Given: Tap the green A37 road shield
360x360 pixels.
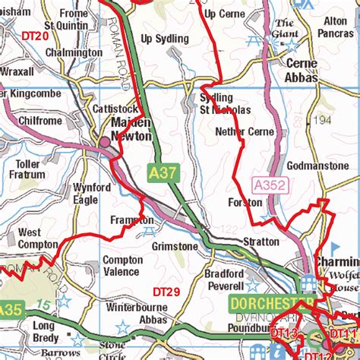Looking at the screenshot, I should tap(162, 173).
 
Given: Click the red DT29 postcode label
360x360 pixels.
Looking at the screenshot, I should tap(166, 292).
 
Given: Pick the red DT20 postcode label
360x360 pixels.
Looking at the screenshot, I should tap(35, 36).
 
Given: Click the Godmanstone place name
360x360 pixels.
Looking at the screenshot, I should tap(317, 166).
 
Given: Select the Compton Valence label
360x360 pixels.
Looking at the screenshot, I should tap(122, 266).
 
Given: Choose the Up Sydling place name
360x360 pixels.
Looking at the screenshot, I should tap(164, 39).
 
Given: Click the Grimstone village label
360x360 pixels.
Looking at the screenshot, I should tap(175, 246).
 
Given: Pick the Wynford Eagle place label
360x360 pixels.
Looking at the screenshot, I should tap(86, 194).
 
